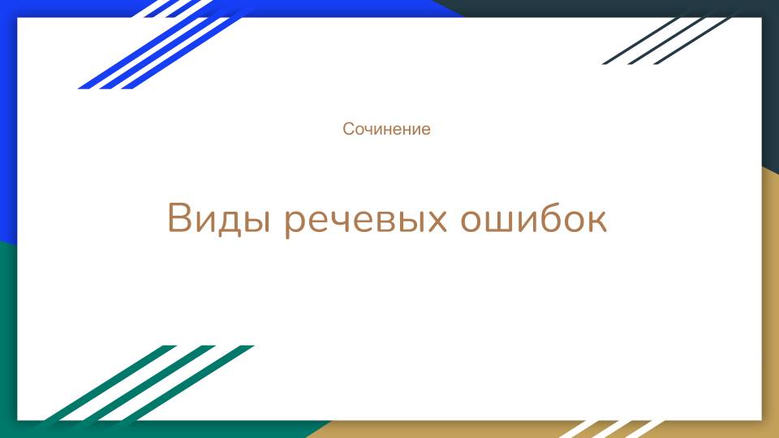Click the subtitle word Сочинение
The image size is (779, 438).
386,129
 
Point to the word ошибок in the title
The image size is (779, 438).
533,220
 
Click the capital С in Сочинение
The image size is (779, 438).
348,129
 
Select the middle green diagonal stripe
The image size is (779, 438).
150,384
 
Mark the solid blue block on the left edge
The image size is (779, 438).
8,122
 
